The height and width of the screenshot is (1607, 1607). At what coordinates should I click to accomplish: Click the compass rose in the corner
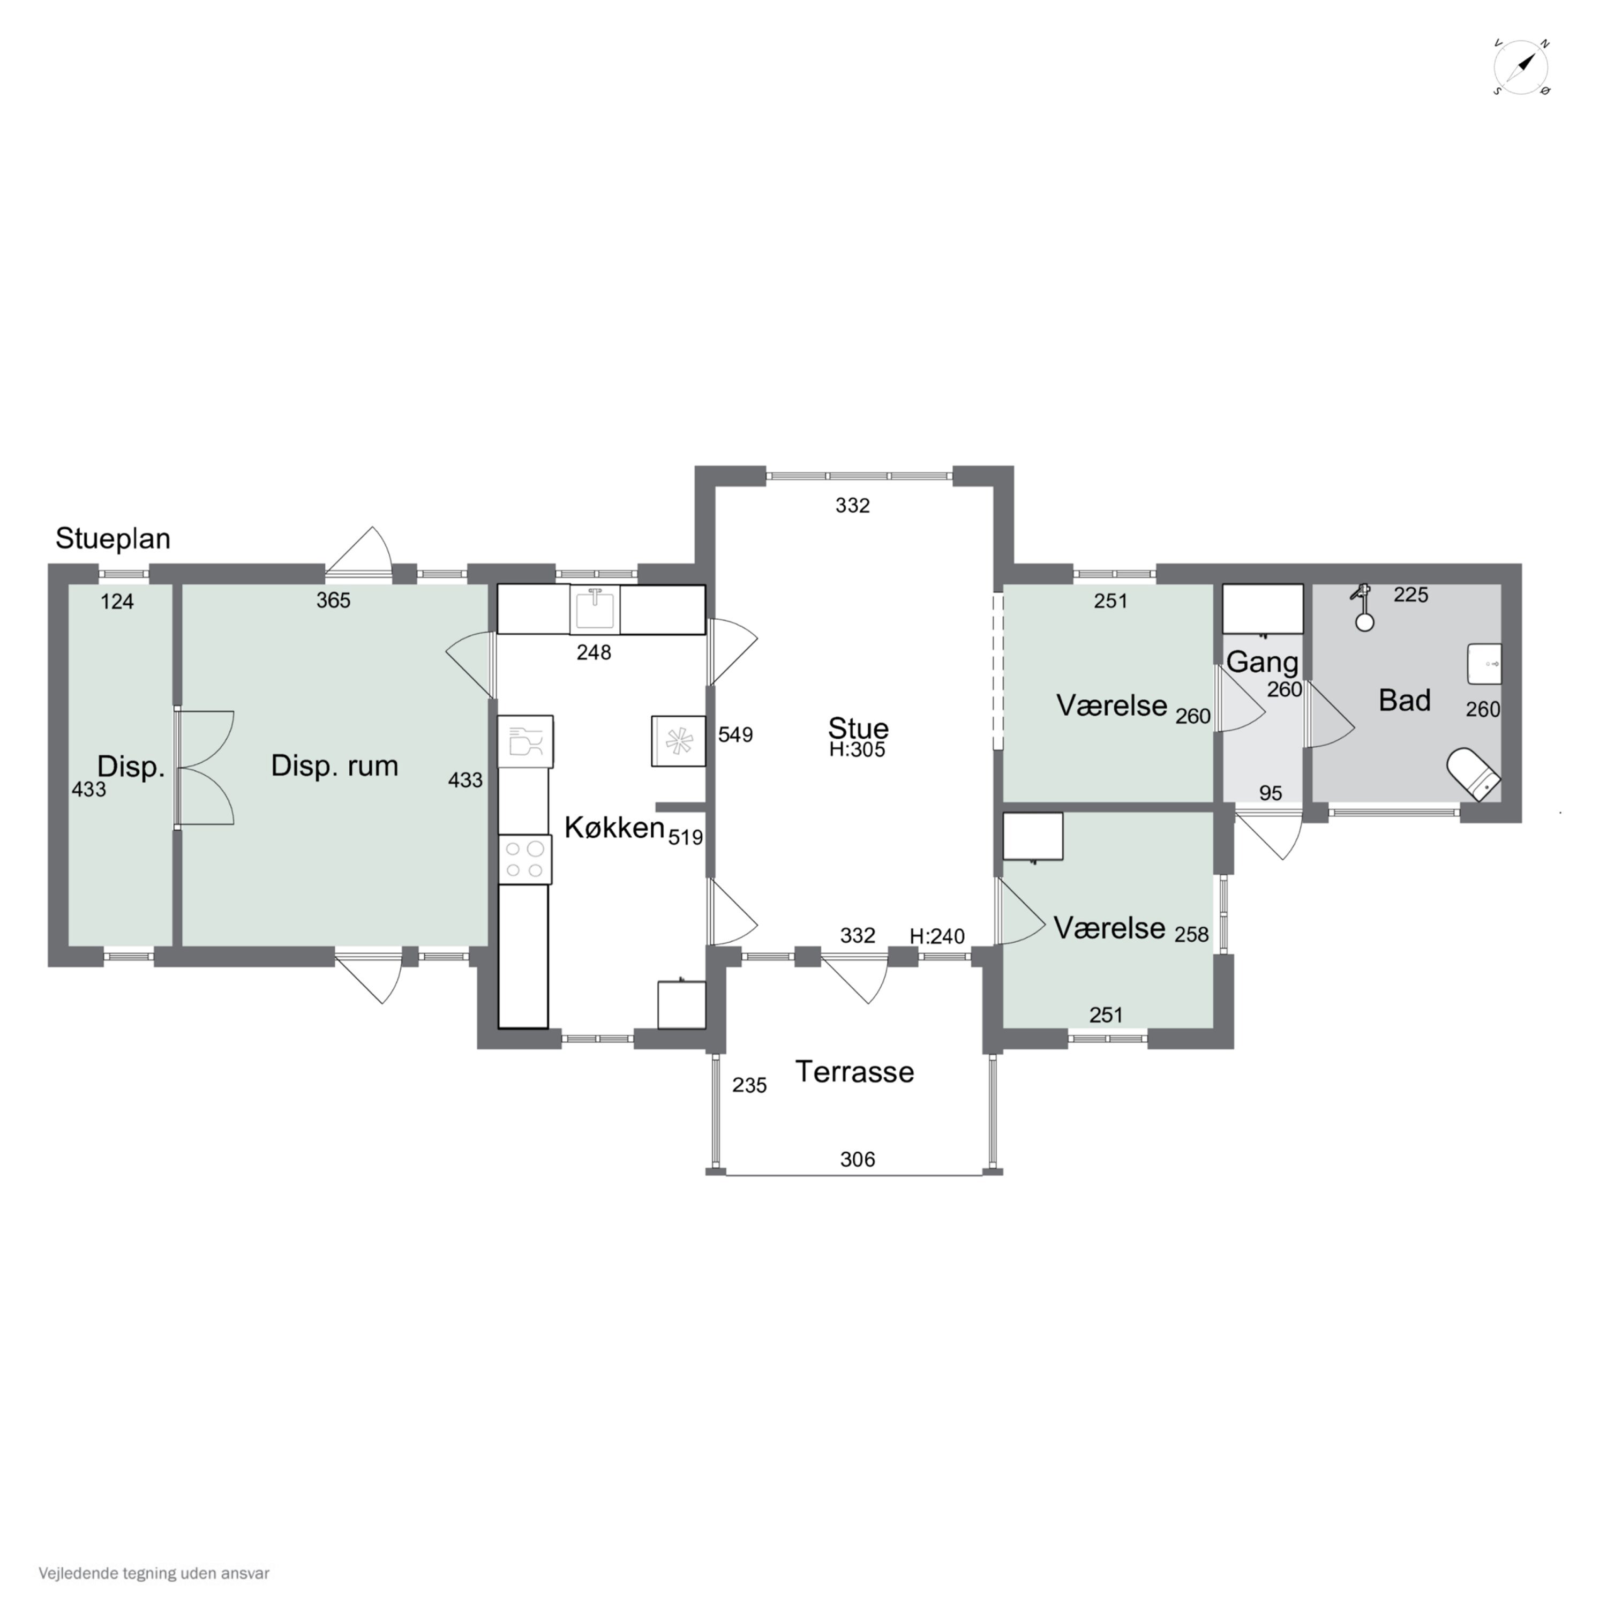pos(1521,66)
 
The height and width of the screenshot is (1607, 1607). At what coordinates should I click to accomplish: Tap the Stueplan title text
pos(113,539)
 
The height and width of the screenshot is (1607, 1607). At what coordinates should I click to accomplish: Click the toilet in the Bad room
pos(1474,774)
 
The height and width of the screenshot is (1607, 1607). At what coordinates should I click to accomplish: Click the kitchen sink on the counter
pos(595,609)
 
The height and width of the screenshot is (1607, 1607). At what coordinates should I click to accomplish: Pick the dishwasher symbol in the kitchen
pos(525,741)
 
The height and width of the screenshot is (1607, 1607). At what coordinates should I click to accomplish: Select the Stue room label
pos(858,729)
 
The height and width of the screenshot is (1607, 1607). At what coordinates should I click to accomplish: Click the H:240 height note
pos(937,936)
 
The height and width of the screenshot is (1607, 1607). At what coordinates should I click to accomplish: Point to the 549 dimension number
pos(735,734)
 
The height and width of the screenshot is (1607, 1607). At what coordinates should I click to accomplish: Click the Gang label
pos(1263,662)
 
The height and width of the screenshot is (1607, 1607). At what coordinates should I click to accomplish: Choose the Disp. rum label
pos(334,765)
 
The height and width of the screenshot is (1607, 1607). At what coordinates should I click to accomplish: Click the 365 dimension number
pos(334,600)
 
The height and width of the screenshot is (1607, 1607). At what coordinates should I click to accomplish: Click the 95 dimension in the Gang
pos(1270,793)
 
